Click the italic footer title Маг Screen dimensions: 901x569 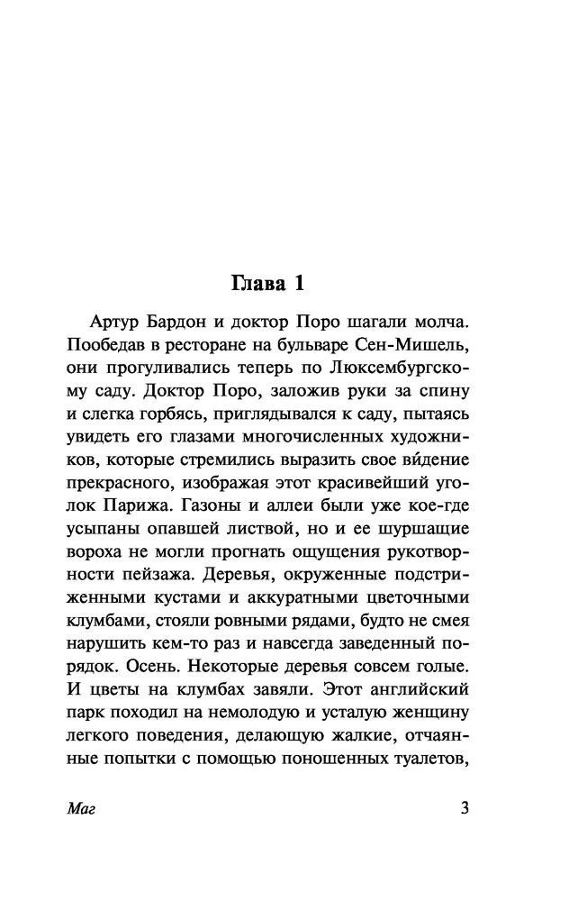point(81,808)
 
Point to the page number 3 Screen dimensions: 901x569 point(465,807)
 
